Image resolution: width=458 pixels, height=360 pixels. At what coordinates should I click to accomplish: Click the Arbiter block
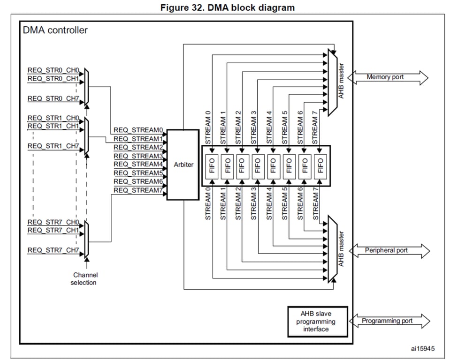[x=183, y=165]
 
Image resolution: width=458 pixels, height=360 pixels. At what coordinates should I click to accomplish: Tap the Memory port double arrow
[x=388, y=77]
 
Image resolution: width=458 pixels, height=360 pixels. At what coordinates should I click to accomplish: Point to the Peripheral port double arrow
[x=389, y=250]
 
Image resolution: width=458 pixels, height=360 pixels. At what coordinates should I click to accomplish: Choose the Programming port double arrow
[x=389, y=321]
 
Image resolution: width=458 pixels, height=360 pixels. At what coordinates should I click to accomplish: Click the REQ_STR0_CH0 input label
[x=53, y=71]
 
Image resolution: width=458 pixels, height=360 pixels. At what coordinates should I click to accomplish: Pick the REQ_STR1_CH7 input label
[x=53, y=146]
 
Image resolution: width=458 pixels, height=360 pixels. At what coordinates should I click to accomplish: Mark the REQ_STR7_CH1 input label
[x=53, y=230]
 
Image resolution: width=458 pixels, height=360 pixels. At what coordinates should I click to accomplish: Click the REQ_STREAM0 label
[x=137, y=130]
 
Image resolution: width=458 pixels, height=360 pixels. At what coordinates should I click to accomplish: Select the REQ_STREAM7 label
[x=137, y=190]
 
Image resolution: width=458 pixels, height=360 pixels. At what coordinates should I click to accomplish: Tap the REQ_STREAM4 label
[x=137, y=164]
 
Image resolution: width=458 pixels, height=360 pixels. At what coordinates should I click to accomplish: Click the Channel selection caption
[x=84, y=278]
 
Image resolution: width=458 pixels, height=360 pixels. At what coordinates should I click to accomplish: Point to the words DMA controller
[x=55, y=30]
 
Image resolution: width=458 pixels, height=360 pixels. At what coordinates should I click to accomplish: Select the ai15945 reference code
[x=423, y=348]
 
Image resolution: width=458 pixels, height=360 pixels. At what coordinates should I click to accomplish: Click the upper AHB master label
[x=342, y=81]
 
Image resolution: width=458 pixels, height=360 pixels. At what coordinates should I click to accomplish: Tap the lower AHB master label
[x=342, y=249]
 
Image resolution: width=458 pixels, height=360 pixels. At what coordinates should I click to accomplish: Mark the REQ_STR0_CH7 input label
[x=53, y=98]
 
